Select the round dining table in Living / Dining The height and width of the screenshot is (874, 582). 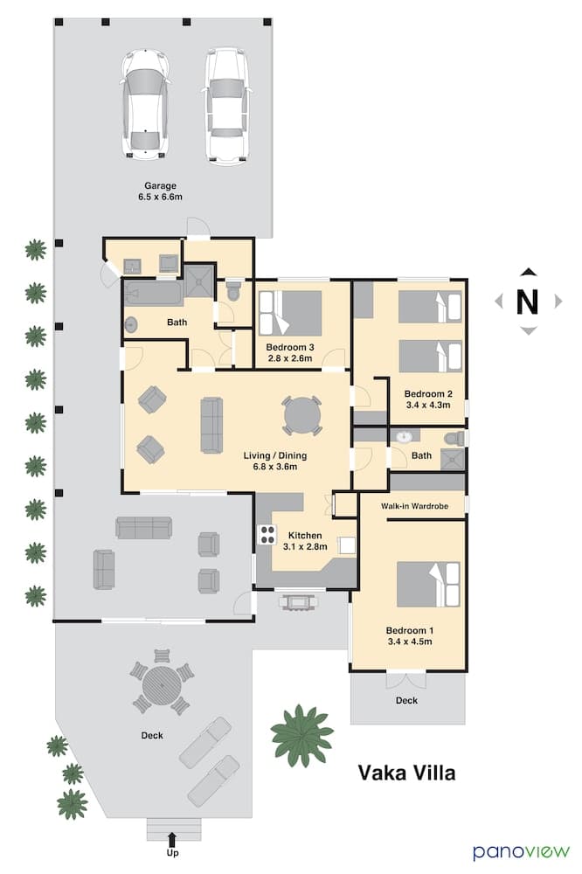click(301, 415)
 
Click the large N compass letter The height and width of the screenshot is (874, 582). click(527, 302)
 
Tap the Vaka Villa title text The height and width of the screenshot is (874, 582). click(406, 773)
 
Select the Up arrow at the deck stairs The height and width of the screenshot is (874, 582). click(172, 841)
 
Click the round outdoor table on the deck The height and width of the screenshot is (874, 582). click(161, 685)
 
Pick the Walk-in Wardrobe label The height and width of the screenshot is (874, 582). click(413, 506)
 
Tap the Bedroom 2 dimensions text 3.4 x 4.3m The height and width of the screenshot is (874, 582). click(428, 406)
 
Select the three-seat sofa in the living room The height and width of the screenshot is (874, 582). click(211, 425)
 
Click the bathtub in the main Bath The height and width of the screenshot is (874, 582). click(153, 292)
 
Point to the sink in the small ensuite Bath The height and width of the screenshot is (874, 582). click(405, 437)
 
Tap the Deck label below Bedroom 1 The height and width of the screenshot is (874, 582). click(405, 700)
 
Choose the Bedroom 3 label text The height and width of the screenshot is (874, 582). click(289, 348)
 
